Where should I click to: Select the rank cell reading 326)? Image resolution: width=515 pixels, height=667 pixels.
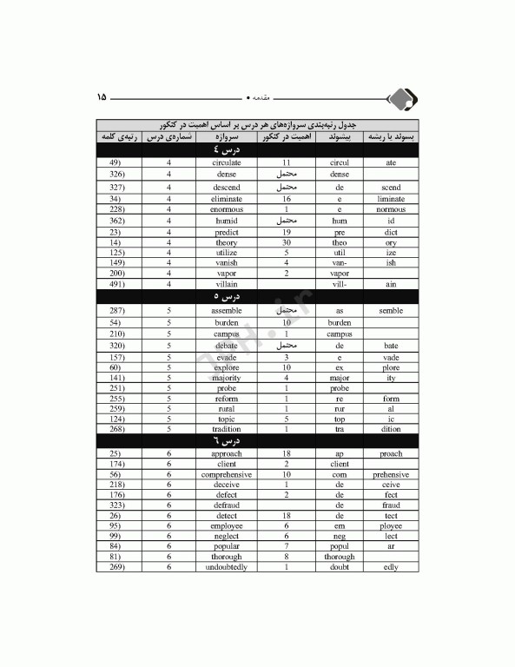[119, 175]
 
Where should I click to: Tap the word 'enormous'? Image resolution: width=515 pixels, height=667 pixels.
[227, 209]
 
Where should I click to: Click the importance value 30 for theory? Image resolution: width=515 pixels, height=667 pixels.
[286, 242]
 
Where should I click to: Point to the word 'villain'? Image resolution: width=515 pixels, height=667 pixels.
[227, 284]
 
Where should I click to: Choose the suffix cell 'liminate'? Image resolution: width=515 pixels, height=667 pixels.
[391, 199]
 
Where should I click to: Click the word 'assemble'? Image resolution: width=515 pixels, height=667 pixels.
[227, 310]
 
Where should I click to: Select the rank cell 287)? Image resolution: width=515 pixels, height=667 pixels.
[119, 310]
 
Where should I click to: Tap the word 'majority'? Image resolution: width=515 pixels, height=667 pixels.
[227, 378]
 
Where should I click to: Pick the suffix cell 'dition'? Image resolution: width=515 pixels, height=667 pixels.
[391, 428]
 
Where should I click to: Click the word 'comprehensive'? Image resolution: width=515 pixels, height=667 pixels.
[227, 475]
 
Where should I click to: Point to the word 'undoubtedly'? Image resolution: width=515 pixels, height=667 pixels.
[227, 567]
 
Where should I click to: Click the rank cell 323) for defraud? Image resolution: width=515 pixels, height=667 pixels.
[119, 505]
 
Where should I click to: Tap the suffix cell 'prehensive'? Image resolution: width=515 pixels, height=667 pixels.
[391, 475]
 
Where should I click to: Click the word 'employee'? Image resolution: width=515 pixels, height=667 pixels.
[227, 525]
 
